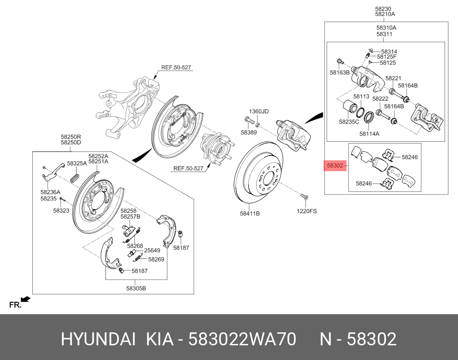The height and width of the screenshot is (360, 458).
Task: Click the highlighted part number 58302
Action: [x=335, y=166]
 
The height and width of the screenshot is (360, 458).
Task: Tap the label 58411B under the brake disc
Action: [x=250, y=213]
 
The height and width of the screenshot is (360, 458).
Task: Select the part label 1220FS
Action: [x=307, y=211]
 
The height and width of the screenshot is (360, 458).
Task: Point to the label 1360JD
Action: [x=258, y=112]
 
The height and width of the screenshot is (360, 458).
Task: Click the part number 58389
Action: [x=248, y=132]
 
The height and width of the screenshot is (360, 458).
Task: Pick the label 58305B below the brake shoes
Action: [x=136, y=288]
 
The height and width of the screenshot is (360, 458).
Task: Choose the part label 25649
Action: [x=152, y=250]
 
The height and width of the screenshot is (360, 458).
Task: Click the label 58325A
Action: [x=77, y=163]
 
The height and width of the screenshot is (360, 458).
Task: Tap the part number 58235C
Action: [x=349, y=121]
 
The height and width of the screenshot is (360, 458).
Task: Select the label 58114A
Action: [x=369, y=134]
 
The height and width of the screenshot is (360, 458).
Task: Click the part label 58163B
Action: [x=340, y=73]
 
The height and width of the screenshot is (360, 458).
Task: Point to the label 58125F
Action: [x=387, y=57]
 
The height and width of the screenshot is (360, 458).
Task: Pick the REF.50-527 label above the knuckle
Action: [x=176, y=67]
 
